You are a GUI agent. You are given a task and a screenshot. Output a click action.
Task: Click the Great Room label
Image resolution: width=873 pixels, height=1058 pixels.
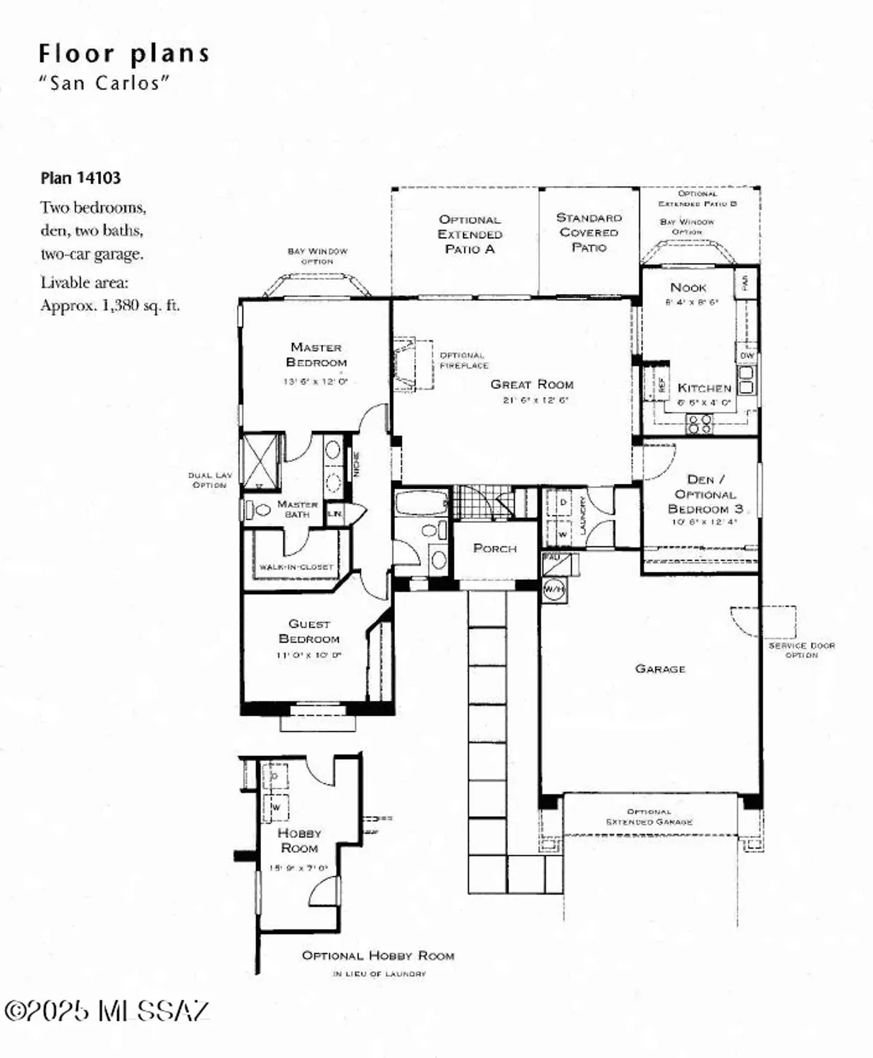pyautogui.click(x=532, y=384)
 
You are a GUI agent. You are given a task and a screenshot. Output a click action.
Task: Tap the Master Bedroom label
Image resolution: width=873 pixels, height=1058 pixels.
pyautogui.click(x=316, y=354)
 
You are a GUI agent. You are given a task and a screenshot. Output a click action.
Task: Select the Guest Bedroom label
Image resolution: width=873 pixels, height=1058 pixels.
pyautogui.click(x=309, y=631)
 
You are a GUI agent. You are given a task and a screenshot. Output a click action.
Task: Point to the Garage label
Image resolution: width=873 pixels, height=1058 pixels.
pyautogui.click(x=659, y=669)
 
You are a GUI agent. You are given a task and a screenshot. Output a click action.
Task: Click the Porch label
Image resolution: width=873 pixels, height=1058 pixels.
pyautogui.click(x=494, y=548)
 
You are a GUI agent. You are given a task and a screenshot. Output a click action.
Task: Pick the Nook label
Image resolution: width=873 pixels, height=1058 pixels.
pyautogui.click(x=688, y=287)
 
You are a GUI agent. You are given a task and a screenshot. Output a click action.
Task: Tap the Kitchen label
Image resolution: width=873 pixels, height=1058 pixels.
pyautogui.click(x=704, y=388)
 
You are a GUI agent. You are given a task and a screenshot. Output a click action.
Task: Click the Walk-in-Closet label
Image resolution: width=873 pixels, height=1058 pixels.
pyautogui.click(x=295, y=566)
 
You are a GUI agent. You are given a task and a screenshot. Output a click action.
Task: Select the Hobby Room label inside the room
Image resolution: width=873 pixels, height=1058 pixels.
pyautogui.click(x=299, y=841)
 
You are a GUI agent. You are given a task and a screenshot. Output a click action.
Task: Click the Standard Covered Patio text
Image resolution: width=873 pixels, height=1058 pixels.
pyautogui.click(x=589, y=232)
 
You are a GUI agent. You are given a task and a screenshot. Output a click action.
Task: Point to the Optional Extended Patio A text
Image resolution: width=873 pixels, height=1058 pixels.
pyautogui.click(x=470, y=234)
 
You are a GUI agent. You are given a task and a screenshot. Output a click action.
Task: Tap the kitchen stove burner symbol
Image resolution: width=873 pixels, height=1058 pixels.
pyautogui.click(x=700, y=424)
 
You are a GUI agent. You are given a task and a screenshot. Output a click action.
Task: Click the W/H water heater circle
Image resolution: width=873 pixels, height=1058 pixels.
pyautogui.click(x=554, y=589)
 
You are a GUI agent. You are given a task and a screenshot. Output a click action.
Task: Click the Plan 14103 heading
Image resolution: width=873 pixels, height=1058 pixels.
pyautogui.click(x=80, y=178)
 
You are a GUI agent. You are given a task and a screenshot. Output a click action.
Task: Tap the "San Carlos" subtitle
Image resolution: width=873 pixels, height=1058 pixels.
pyautogui.click(x=104, y=83)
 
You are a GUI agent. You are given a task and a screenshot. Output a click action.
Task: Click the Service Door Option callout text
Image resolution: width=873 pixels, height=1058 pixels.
pyautogui.click(x=801, y=650)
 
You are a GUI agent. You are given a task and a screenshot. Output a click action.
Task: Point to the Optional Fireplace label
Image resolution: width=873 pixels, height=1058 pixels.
pyautogui.click(x=463, y=360)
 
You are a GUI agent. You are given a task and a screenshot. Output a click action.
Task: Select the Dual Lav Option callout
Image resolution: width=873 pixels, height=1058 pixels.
pyautogui.click(x=209, y=480)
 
